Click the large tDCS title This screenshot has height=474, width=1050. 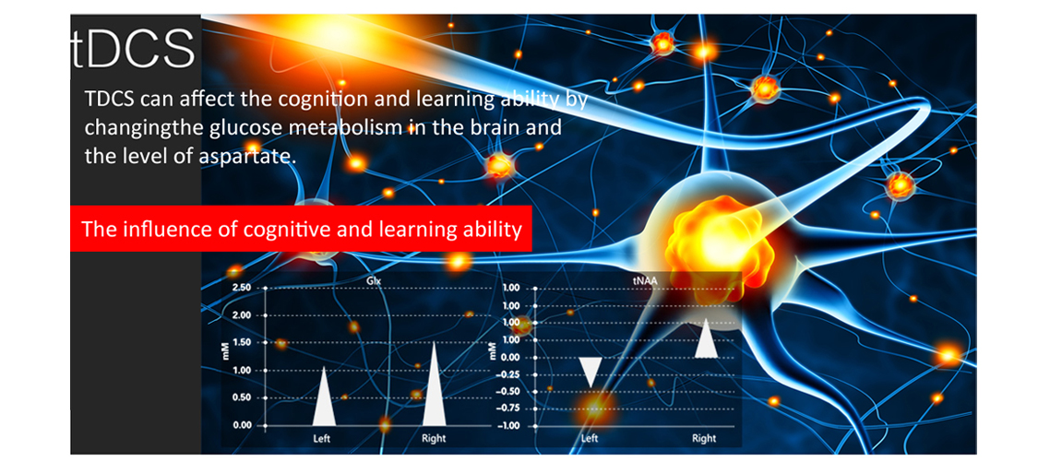click(x=133, y=47)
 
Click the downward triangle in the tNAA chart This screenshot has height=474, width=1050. click(x=590, y=370)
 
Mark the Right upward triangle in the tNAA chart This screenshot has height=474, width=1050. click(x=707, y=341)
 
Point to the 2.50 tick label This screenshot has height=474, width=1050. click(x=241, y=288)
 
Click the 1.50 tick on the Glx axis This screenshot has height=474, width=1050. click(x=241, y=343)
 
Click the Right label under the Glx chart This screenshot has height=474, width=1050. click(x=434, y=439)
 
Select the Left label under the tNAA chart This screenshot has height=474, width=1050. click(x=590, y=439)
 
